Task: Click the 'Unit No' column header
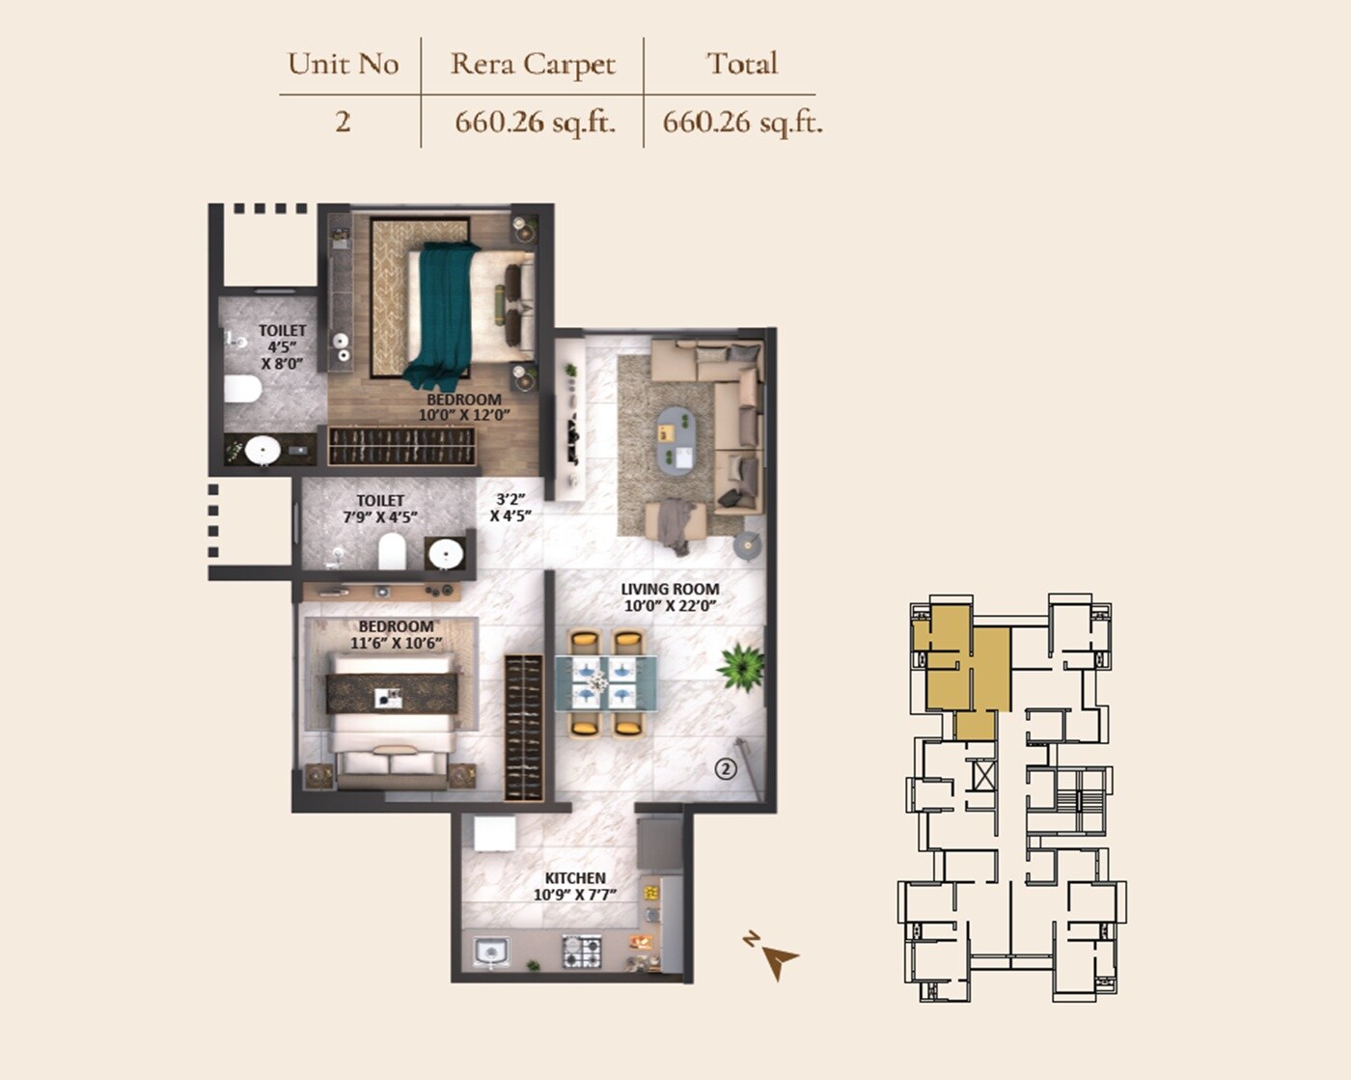tap(343, 64)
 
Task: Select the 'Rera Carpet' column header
tap(532, 64)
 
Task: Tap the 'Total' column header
tap(741, 64)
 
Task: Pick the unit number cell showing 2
tap(343, 122)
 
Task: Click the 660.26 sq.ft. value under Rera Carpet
tap(535, 123)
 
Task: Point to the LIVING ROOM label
tap(670, 589)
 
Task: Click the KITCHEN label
tap(575, 877)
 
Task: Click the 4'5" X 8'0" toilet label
tap(282, 347)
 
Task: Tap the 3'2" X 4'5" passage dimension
tap(510, 508)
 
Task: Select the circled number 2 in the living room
tap(725, 768)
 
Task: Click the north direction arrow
tap(778, 959)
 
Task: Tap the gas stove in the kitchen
tap(582, 951)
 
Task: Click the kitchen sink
tap(491, 953)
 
